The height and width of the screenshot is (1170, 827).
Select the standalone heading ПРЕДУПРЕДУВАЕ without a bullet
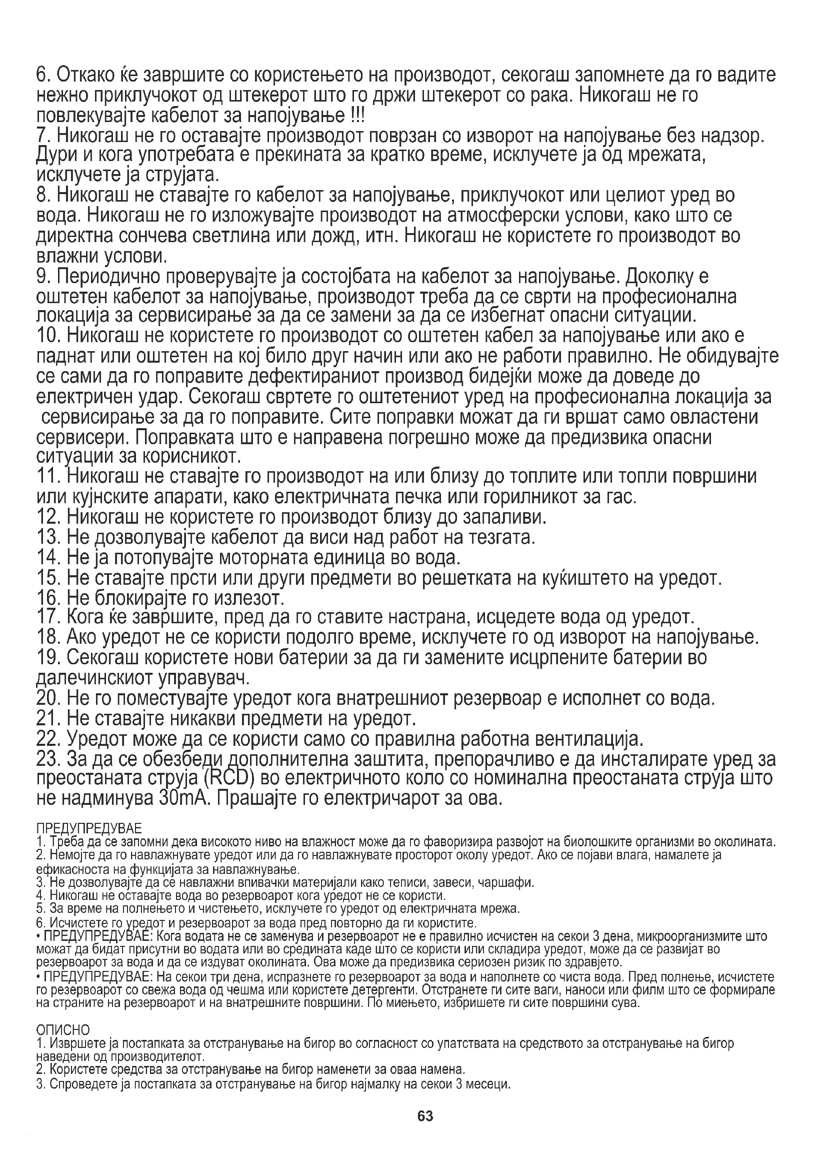[x=89, y=826]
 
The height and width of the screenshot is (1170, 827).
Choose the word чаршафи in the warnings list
[x=513, y=882]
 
